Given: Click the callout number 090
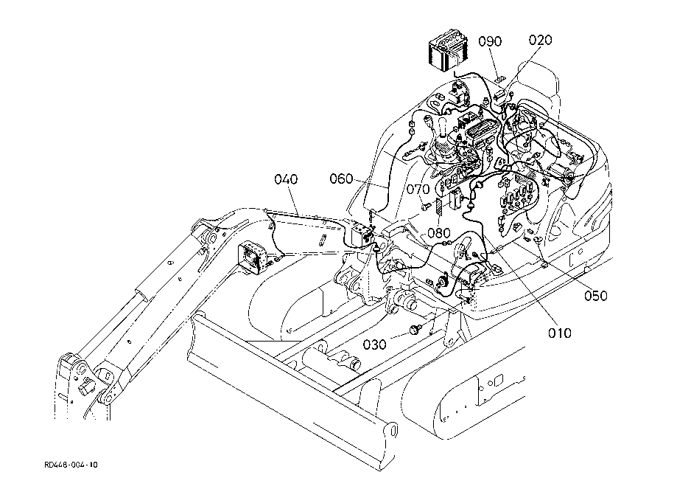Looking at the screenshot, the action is tap(490, 41).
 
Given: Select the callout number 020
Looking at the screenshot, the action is tap(541, 41).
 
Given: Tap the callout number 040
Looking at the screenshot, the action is tap(287, 179).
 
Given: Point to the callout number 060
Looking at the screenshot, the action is tap(342, 179).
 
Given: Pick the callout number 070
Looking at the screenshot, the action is tap(418, 189).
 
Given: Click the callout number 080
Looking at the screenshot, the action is tap(438, 234).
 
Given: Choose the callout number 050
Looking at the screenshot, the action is tap(596, 296).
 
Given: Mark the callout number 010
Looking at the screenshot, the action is tap(560, 333).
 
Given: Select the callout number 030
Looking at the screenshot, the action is tap(375, 344).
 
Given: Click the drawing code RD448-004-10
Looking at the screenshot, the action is tap(71, 465).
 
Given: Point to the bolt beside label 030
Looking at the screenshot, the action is tap(416, 330).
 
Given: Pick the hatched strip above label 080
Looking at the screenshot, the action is tap(438, 207).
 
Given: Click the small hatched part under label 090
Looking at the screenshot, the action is tap(500, 80).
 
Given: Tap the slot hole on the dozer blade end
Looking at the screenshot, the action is tap(393, 431).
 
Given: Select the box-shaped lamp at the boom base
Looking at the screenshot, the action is tap(361, 235).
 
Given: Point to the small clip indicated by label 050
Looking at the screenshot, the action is tap(538, 240).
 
